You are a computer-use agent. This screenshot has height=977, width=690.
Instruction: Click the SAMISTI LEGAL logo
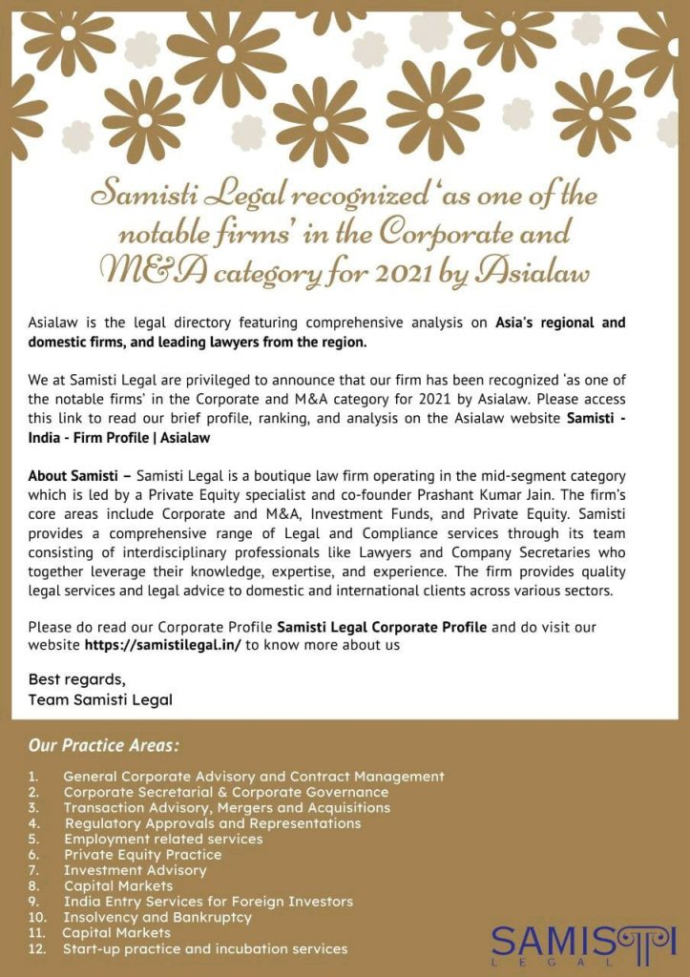[583, 944]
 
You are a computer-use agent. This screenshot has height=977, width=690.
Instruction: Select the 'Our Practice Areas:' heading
[103, 744]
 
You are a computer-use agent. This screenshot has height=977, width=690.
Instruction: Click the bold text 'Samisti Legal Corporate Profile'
[382, 627]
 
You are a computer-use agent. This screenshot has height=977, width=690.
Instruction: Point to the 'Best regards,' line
[76, 680]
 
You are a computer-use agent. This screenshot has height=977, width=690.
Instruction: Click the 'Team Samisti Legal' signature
[100, 699]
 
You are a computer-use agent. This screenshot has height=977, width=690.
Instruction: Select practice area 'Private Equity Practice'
[142, 855]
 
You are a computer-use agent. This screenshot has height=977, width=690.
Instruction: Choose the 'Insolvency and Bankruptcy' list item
[157, 917]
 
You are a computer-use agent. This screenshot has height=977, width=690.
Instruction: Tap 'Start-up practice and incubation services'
[205, 948]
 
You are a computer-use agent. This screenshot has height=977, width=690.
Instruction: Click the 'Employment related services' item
[163, 839]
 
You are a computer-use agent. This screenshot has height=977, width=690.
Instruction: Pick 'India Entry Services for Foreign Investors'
[208, 902]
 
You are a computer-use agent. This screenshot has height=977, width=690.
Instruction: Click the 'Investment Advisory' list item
[135, 870]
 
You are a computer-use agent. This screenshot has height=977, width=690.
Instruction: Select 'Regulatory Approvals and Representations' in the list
[213, 823]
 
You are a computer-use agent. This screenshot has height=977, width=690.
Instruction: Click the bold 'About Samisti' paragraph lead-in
[78, 475]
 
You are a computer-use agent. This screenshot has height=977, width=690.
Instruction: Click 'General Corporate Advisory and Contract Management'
[254, 777]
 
